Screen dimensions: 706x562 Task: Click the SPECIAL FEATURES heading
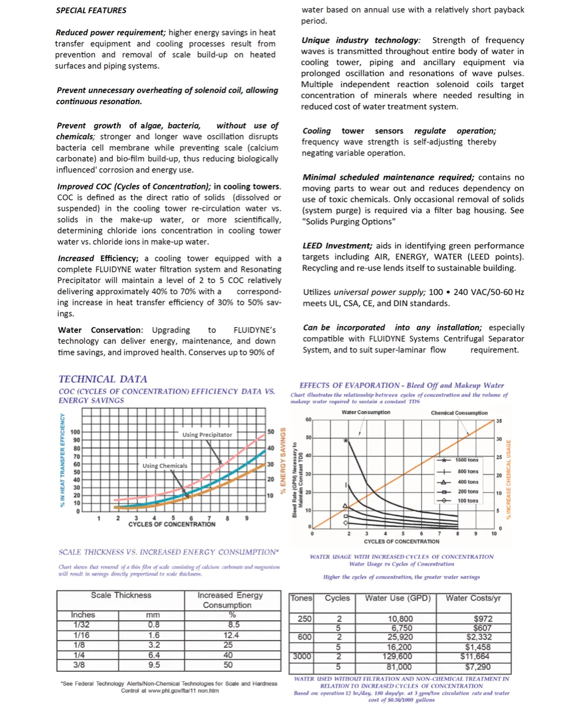pos(91,10)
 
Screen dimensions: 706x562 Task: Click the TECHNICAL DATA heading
pos(103,379)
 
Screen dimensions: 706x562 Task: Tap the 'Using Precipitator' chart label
pos(207,435)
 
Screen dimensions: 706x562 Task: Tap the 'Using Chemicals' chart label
pos(165,465)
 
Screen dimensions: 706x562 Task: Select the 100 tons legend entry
pos(467,501)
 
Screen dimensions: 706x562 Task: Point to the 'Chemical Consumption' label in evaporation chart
pos(459,413)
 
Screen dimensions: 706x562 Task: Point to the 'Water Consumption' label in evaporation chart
pos(365,412)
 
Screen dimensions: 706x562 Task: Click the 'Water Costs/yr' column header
pos(473,598)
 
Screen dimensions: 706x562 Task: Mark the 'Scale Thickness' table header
pos(121,595)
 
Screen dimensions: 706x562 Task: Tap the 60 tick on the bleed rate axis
pos(308,419)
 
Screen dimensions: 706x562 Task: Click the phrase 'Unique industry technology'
pos(360,40)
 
